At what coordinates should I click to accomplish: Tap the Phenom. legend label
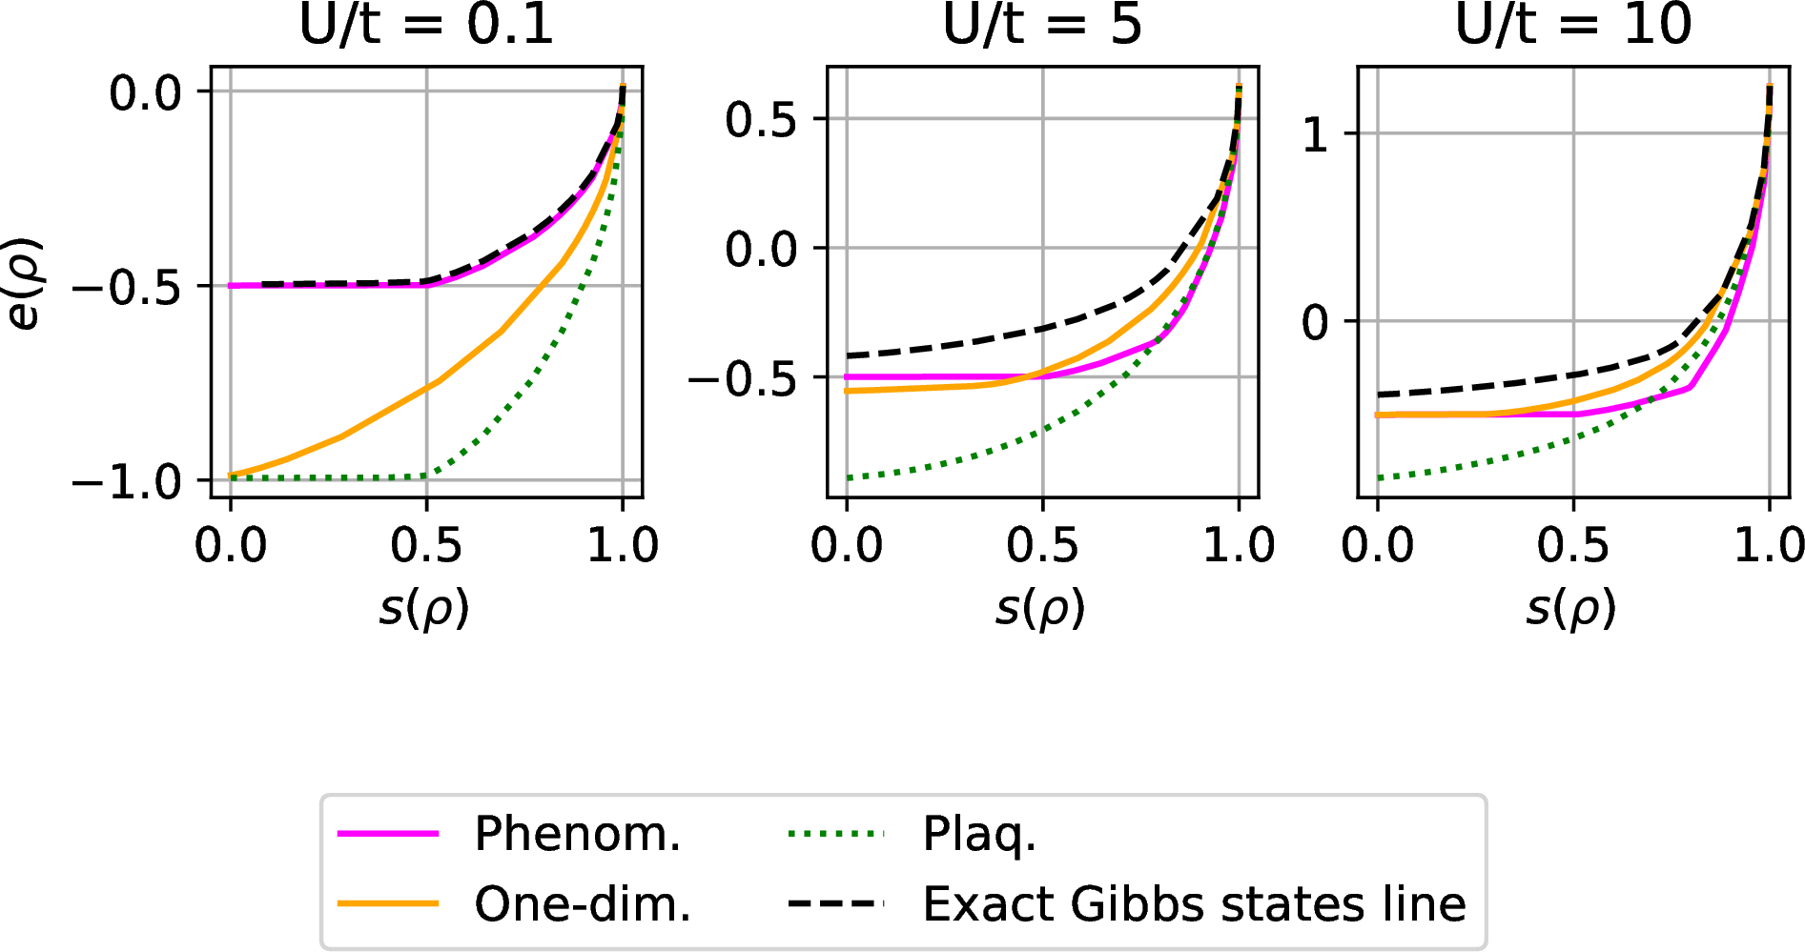578,834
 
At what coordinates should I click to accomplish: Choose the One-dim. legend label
583,903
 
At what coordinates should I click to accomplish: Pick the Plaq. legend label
978,834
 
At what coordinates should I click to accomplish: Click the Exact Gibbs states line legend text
1194,903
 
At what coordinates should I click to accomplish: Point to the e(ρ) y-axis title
23,283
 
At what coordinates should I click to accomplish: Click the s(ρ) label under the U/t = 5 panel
1040,608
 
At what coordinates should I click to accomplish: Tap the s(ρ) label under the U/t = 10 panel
1570,608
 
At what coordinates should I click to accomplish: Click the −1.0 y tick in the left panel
126,481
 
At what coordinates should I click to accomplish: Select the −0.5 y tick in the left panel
126,287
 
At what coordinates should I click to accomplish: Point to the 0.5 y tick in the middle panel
760,120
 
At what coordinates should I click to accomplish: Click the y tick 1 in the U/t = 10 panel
1316,135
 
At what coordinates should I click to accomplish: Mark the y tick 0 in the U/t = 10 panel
1316,323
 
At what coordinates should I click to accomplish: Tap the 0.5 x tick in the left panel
426,546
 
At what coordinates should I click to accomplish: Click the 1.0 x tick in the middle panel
1239,546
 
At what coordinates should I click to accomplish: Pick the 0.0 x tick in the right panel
1377,546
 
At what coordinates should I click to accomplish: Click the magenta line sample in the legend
388,834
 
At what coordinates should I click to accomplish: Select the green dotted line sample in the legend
836,834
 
